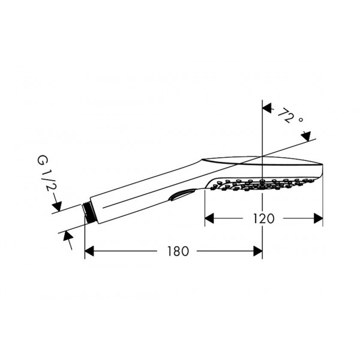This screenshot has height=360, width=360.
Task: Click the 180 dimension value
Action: click(x=178, y=251)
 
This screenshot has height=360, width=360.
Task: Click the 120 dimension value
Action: click(x=263, y=218)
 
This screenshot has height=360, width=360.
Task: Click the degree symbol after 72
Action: click(x=301, y=119)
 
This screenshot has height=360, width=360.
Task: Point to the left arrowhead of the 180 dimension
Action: click(x=89, y=251)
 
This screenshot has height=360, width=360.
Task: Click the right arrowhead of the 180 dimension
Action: click(x=258, y=251)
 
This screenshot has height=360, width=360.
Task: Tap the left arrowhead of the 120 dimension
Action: click(x=209, y=218)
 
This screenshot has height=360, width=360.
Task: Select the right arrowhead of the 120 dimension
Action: click(x=318, y=218)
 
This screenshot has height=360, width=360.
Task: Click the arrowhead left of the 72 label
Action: click(x=267, y=107)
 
